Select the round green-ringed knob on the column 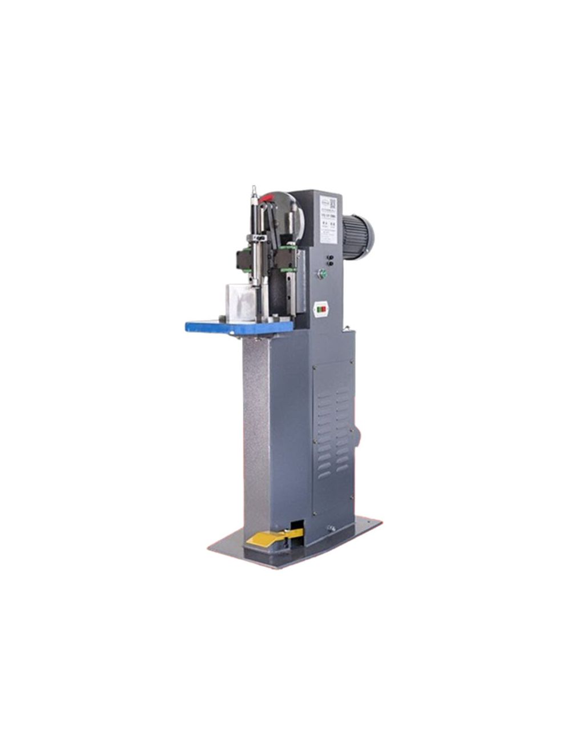pos(322,274)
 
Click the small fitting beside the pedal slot pos(329,528)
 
